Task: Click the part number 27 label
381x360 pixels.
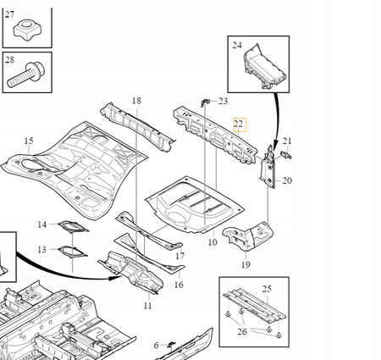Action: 11,13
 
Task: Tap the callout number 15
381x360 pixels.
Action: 29,141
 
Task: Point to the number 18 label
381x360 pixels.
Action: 136,102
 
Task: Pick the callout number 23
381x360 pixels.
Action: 223,101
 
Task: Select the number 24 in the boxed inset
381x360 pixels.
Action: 237,45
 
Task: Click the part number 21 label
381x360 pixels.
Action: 287,141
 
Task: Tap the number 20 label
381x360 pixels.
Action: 287,180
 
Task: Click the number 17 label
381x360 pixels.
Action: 179,256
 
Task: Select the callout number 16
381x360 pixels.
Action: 179,285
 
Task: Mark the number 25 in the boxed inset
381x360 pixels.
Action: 267,290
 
